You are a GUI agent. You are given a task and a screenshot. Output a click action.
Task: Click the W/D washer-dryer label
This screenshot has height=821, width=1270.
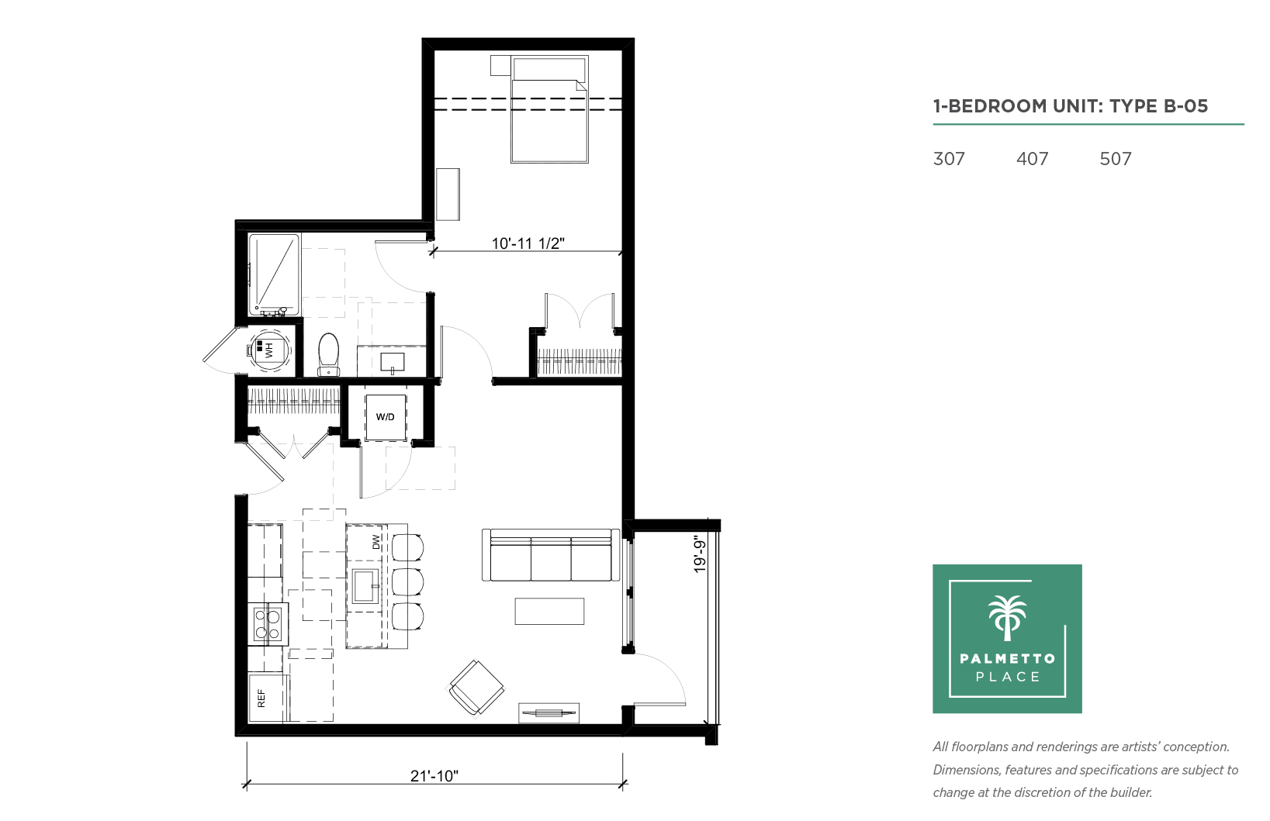pos(385,417)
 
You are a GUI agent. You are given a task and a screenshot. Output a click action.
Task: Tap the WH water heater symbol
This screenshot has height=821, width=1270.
pos(268,350)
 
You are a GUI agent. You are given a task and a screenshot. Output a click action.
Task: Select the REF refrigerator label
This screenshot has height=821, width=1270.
pos(261,698)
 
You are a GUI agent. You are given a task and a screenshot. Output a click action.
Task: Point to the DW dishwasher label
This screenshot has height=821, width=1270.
pos(376,542)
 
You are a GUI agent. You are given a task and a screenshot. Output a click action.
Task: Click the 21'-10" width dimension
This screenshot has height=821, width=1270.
pos(434,776)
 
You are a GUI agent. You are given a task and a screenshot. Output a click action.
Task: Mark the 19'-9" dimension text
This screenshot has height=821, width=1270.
pos(701,556)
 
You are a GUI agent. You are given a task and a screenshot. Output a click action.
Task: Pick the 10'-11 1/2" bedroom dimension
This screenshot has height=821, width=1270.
pos(528,243)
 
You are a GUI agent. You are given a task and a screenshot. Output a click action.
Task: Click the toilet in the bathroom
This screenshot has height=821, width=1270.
pos(328,355)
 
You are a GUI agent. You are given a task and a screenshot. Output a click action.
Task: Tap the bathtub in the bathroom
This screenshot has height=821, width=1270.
pos(274,274)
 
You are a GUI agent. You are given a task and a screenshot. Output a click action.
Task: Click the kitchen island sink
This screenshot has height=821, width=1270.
pos(365,586)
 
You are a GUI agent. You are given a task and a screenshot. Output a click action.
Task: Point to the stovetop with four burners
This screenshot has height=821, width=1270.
pos(268,624)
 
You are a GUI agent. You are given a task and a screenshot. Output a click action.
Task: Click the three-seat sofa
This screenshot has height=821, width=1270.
pos(551,555)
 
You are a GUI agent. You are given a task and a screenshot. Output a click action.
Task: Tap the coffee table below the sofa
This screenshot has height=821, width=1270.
pos(549,612)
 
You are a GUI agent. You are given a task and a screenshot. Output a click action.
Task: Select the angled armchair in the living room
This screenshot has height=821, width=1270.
pos(476,688)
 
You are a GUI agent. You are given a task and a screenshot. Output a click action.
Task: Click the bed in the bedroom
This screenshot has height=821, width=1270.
pos(549,109)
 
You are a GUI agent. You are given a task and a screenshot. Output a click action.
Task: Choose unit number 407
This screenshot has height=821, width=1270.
pos(1032,159)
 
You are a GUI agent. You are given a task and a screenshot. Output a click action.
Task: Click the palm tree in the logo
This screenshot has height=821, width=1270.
pos(1007,618)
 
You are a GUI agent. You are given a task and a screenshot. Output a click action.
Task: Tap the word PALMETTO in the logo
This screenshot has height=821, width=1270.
pos(1008,659)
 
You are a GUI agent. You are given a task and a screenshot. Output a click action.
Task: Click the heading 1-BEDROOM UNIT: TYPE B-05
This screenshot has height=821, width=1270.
pos(1071,106)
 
